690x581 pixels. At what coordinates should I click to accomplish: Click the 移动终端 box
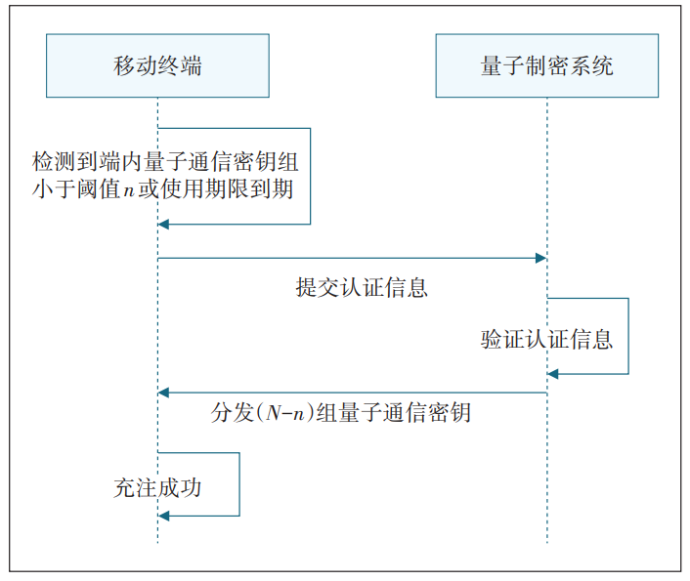tap(157, 65)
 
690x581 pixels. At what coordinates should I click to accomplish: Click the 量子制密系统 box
tap(546, 65)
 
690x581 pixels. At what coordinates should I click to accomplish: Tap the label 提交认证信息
tap(363, 288)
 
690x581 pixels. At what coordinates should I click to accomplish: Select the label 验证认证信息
tap(546, 340)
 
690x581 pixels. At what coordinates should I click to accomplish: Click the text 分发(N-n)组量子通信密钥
tap(341, 412)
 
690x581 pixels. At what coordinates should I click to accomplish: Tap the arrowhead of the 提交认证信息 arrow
tap(539, 258)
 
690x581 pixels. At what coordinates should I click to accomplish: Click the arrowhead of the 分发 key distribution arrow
tap(165, 393)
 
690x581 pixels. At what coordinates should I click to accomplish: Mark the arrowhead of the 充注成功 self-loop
tap(165, 515)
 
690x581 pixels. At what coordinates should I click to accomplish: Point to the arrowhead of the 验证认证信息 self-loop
tap(554, 374)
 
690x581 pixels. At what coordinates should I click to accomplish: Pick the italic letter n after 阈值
tap(127, 188)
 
